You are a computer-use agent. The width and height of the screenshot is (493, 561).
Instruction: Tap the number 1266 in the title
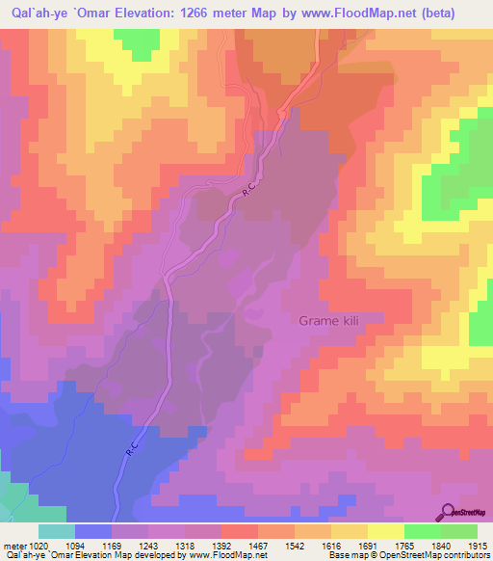pyautogui.click(x=209, y=13)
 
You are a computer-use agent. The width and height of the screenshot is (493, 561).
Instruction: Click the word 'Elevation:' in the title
pyautogui.click(x=150, y=13)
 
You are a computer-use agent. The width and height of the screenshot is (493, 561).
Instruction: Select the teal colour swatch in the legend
pyautogui.click(x=57, y=530)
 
